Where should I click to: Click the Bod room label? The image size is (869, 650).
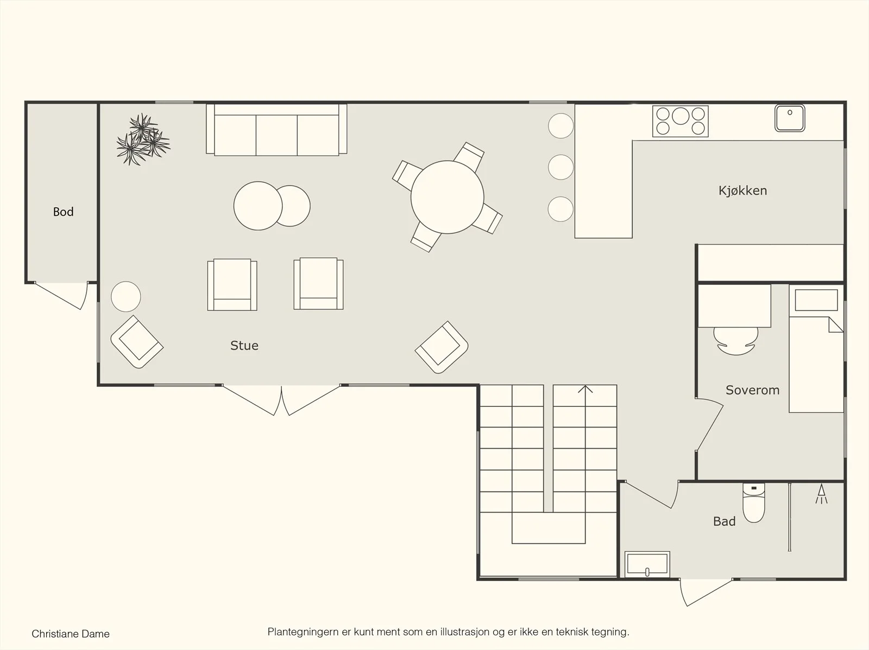[x=64, y=212]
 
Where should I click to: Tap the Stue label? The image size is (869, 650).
[x=244, y=346]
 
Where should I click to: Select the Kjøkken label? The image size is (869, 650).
[x=742, y=190]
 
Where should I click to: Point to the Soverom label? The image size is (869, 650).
[x=753, y=390]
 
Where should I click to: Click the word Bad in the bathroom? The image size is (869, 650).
[x=725, y=521]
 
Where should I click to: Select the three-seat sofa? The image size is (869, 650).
[x=276, y=130]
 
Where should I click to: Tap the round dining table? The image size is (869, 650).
[x=448, y=197]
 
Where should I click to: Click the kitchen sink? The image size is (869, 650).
[x=790, y=118]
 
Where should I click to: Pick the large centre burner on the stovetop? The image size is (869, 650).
[x=681, y=116]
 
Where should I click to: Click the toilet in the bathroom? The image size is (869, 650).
[x=754, y=502]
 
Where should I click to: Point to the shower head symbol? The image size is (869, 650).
[x=822, y=494]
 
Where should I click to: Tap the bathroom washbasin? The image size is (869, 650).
[x=647, y=564]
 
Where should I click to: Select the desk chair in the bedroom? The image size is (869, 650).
[x=736, y=341]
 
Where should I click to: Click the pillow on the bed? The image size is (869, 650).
[x=816, y=300]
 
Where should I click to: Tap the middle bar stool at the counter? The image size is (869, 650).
[x=561, y=167]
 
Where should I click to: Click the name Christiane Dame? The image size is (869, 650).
[x=71, y=634]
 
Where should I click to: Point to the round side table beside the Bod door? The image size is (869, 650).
[x=126, y=297]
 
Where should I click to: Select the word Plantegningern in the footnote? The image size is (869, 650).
[x=303, y=632]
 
